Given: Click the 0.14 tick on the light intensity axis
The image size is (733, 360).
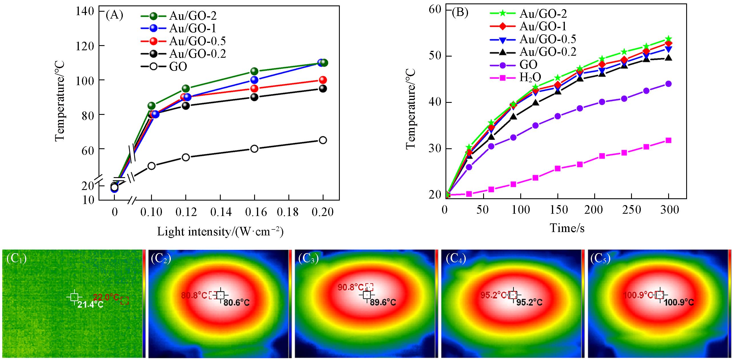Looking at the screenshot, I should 220,212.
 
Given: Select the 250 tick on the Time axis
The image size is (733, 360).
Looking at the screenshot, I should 632,210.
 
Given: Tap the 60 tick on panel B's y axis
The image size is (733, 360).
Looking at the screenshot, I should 435,10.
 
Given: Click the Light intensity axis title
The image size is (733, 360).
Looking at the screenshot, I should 220,232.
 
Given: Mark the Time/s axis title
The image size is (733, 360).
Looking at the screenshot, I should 567,228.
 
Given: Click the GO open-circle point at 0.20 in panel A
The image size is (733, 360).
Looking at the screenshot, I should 323,140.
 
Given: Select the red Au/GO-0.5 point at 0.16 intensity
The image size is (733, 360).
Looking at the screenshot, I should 254,88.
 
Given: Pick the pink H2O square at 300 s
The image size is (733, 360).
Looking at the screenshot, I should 668,140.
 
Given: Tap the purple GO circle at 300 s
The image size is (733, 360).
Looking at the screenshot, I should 668,84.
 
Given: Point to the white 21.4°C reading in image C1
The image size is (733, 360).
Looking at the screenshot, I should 91,305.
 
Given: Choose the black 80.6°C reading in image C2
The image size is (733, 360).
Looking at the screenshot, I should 237,302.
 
